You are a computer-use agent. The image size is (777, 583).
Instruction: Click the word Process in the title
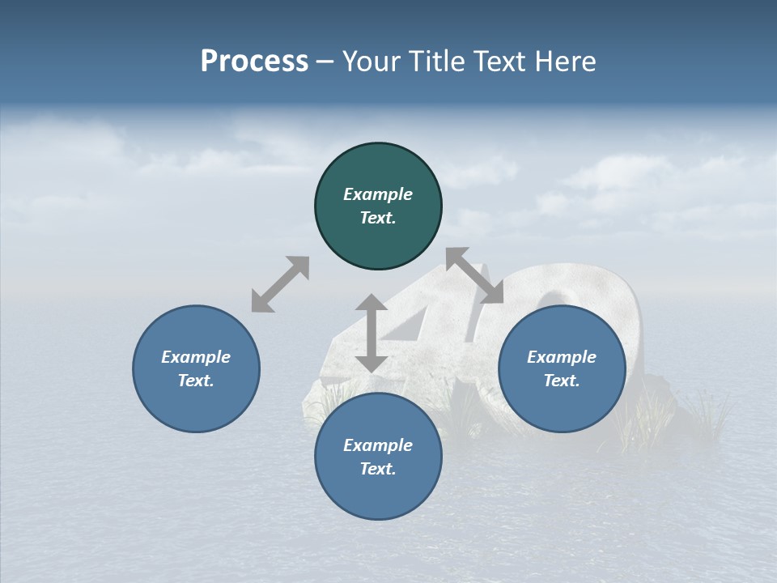point(254,62)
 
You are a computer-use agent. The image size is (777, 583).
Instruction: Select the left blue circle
point(197,405)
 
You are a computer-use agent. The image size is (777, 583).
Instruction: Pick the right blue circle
point(562,405)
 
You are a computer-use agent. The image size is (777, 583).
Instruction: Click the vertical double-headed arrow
point(372,333)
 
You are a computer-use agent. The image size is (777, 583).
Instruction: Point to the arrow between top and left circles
point(280,284)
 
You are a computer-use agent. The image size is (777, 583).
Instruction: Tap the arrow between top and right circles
point(474,275)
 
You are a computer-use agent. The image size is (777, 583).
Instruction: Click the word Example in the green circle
point(378,194)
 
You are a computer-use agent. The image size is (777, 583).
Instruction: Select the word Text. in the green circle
point(378,218)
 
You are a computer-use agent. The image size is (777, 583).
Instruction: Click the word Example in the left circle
point(196,357)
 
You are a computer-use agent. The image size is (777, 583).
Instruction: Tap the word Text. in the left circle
point(196,381)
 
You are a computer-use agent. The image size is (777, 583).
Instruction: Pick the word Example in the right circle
point(562,357)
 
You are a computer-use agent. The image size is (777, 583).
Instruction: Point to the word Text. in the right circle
point(562,381)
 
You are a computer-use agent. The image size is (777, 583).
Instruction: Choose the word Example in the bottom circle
point(378,445)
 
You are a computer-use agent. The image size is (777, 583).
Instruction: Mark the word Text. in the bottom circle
point(378,469)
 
